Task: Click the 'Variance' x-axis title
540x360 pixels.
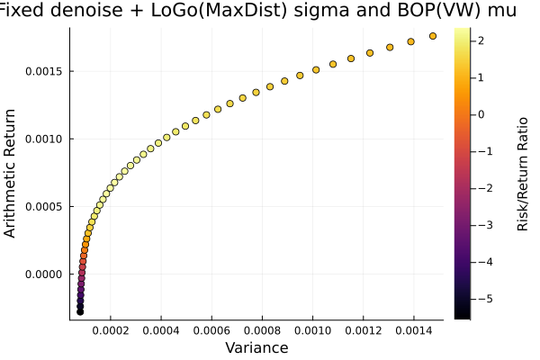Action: tap(256, 347)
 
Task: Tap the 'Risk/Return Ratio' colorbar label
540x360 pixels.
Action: tap(523, 172)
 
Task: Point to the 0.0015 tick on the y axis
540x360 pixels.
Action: tap(42, 71)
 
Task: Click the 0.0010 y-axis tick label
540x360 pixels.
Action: tap(42, 139)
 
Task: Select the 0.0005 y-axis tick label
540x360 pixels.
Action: tap(42, 206)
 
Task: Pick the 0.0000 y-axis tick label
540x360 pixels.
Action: tap(42, 274)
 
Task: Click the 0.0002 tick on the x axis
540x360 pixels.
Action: tap(111, 330)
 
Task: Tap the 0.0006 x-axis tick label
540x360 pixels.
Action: tap(211, 330)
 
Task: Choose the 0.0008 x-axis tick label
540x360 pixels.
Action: tap(262, 330)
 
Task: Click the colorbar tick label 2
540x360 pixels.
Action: tap(482, 40)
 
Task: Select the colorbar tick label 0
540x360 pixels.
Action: tap(482, 114)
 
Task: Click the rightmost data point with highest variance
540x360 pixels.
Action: tap(433, 36)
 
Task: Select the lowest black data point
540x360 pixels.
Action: tap(80, 311)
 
